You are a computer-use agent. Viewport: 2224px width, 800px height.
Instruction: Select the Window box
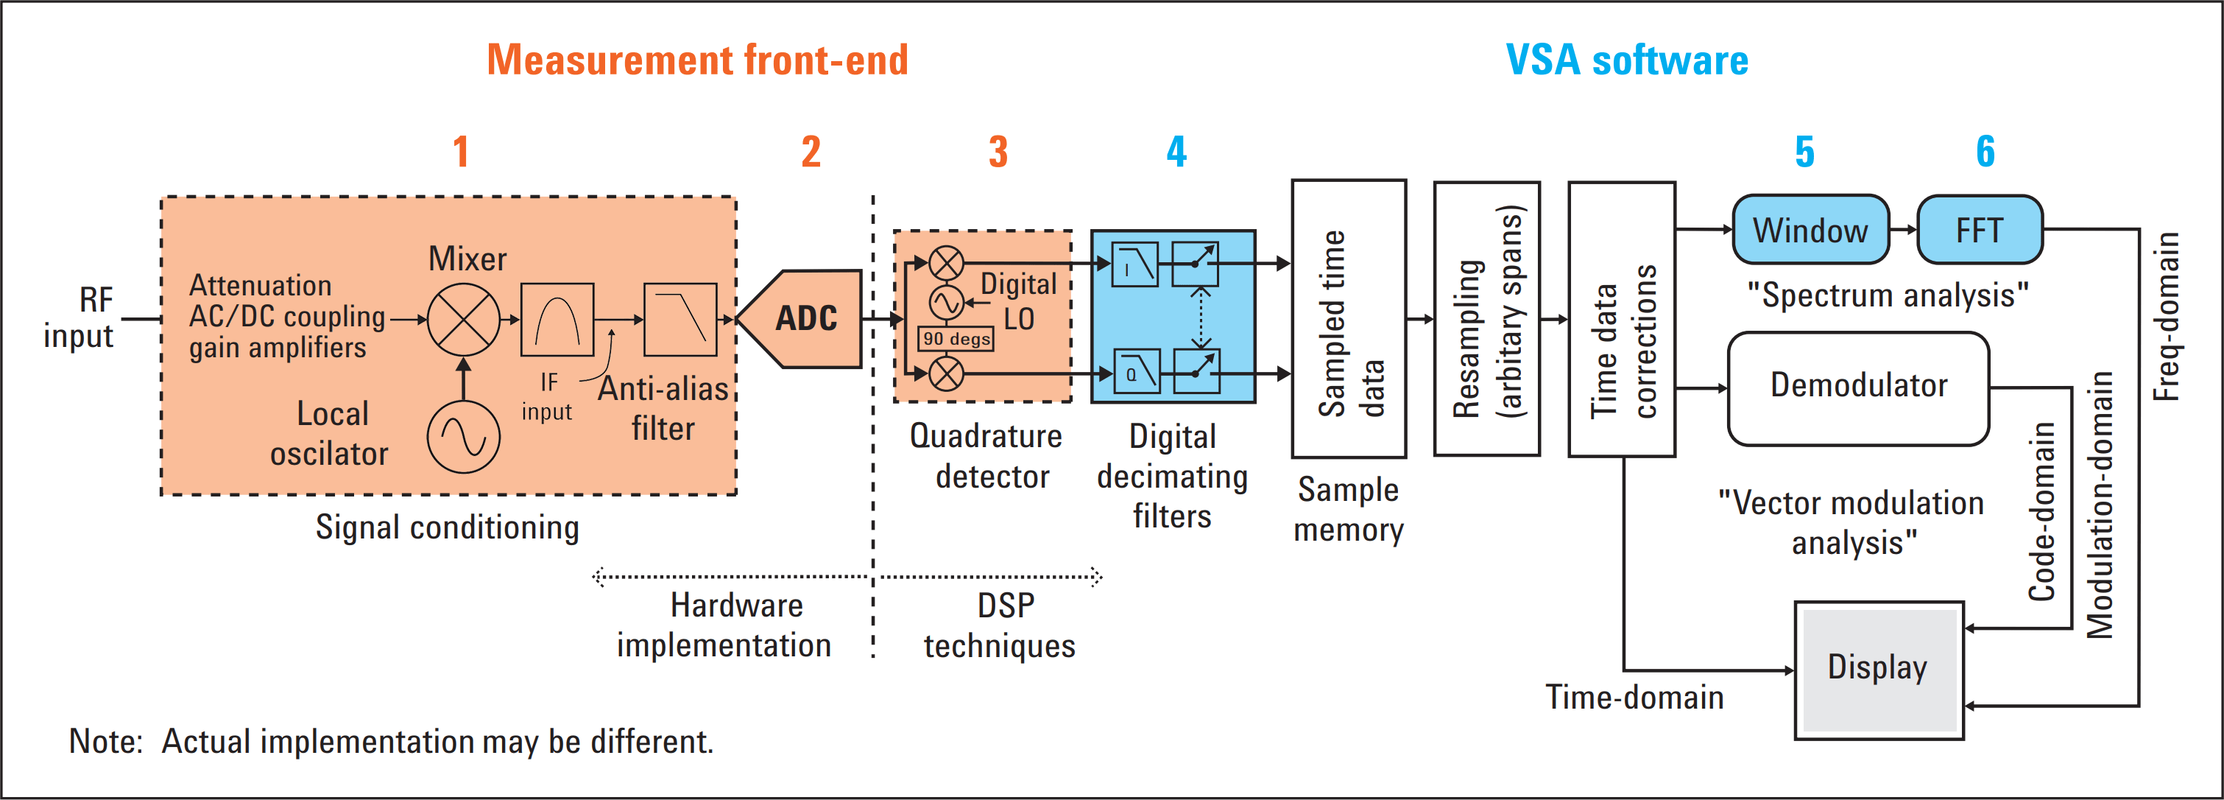coord(1810,230)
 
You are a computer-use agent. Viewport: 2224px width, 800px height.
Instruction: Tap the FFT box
coord(1979,230)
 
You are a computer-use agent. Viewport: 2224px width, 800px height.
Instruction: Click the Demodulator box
coord(1858,389)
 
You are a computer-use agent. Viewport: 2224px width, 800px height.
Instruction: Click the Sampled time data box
coord(1349,319)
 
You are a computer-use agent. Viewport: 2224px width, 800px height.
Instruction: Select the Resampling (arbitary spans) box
coord(1486,319)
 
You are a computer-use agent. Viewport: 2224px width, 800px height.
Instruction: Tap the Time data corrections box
coord(1621,319)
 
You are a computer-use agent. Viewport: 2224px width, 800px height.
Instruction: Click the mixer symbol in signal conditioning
coord(464,319)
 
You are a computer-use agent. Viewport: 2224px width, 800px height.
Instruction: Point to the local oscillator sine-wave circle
coord(464,436)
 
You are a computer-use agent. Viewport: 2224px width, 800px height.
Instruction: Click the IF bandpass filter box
coord(557,319)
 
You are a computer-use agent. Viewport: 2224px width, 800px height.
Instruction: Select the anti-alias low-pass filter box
coord(680,319)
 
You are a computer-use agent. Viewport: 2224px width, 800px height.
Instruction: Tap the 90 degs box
coord(956,339)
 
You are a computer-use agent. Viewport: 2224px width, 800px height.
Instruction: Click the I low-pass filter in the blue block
coord(1135,264)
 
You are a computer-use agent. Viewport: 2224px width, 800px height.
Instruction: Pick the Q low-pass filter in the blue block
coord(1136,372)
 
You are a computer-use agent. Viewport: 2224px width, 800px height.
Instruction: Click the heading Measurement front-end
coord(698,60)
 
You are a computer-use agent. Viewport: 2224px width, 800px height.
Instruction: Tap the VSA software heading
coord(1626,60)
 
